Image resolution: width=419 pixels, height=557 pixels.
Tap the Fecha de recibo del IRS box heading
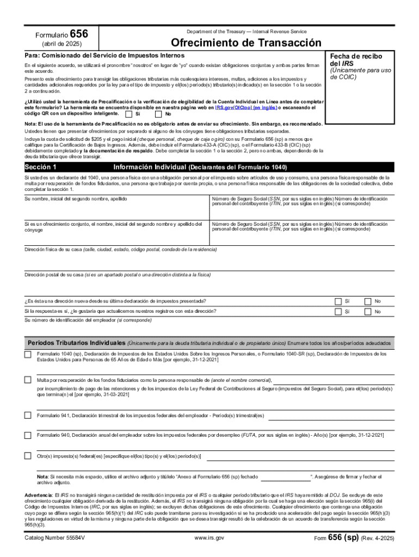click(356, 60)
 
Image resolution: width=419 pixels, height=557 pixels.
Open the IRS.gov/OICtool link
click(246, 108)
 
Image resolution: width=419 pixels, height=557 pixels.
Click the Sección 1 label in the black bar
click(41, 167)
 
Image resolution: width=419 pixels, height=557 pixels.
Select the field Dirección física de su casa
click(209, 262)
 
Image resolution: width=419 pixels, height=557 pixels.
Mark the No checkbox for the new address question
click(368, 301)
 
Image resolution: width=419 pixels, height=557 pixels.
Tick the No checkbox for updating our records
click(368, 311)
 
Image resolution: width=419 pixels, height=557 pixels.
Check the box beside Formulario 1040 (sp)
click(27, 355)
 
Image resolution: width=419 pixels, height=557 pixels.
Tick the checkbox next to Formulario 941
click(27, 416)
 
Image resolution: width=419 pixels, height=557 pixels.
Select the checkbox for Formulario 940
click(27, 435)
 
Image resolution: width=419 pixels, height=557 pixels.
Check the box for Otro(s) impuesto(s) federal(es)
click(27, 455)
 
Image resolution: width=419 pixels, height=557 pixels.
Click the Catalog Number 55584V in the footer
click(54, 537)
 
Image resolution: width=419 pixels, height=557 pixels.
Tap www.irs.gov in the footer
click(209, 537)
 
